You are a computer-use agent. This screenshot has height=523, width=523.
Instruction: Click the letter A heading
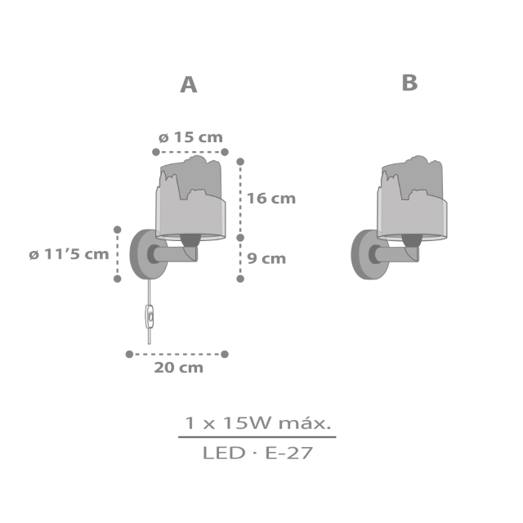189,85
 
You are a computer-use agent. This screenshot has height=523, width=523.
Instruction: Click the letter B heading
409,83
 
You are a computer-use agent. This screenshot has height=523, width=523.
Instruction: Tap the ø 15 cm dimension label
190,137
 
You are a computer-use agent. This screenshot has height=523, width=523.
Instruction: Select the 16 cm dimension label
271,199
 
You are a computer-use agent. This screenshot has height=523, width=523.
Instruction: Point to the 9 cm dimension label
266,258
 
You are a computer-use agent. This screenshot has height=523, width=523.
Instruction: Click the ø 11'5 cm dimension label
69,254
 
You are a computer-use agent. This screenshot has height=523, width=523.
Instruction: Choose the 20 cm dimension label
178,368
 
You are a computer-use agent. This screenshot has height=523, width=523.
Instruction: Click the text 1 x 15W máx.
258,423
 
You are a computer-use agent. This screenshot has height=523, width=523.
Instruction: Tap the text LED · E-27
257,453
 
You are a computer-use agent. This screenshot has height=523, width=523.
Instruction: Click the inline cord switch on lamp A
150,316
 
